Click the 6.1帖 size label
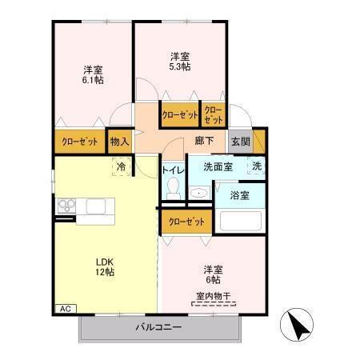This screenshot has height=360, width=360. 94,80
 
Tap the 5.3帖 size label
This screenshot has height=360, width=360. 179,67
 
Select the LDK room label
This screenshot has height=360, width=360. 105,261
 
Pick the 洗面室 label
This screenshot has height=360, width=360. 217,167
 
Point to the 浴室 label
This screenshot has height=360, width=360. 240,194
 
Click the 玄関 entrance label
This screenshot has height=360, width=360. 240,142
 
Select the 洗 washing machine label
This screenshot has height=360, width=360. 256,166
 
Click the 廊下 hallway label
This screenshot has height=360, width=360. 203,142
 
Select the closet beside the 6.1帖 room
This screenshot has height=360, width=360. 80,142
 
